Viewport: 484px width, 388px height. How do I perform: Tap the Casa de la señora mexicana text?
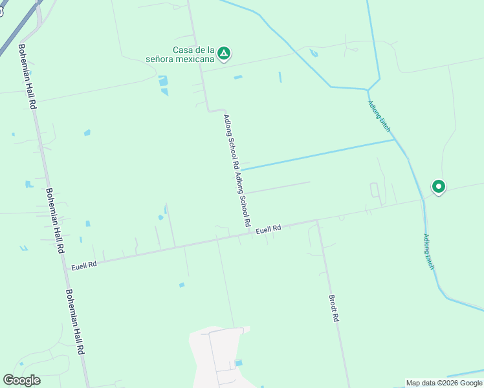click(x=193, y=54)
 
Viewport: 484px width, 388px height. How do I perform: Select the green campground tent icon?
click(x=224, y=53)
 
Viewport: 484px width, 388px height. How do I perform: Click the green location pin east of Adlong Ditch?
click(x=439, y=188)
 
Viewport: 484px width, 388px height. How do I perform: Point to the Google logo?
click(x=21, y=380)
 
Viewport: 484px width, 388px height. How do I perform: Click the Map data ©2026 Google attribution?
click(x=445, y=383)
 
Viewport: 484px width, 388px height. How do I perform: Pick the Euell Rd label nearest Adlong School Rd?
click(x=269, y=229)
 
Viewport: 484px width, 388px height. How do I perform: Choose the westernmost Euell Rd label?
click(x=83, y=264)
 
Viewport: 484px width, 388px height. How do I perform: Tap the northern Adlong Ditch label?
click(x=379, y=116)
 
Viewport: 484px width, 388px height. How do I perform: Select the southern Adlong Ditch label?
click(x=428, y=252)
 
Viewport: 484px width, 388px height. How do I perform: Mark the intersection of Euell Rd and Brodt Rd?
click(x=316, y=221)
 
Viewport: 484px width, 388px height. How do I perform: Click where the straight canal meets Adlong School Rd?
click(x=239, y=169)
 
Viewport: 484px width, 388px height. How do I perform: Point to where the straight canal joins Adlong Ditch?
click(x=395, y=140)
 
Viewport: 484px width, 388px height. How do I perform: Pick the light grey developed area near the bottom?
click(x=217, y=356)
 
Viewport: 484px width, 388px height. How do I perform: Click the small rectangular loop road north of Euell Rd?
click(x=374, y=190)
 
